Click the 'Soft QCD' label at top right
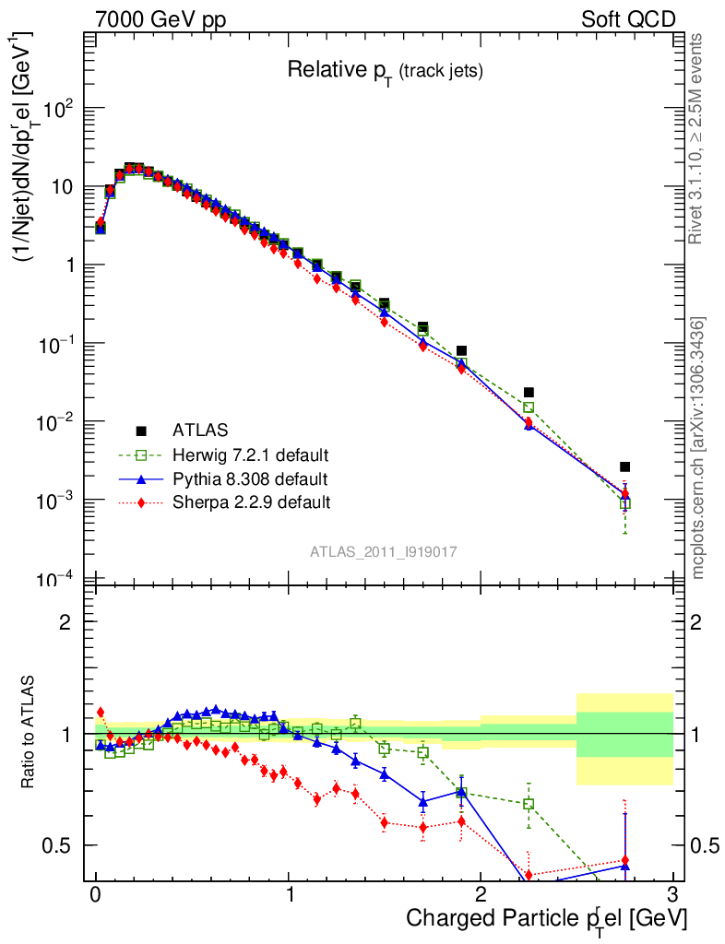click(x=628, y=19)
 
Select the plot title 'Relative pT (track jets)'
click(x=385, y=70)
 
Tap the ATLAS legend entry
click(x=198, y=430)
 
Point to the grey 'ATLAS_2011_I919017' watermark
click(x=384, y=551)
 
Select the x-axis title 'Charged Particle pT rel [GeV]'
click(x=546, y=918)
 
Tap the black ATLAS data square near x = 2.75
click(x=624, y=466)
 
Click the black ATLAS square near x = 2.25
click(x=529, y=393)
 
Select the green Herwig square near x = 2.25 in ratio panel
click(x=529, y=804)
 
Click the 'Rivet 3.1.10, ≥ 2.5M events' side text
click(x=697, y=138)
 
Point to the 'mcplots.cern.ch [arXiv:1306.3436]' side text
click(x=697, y=448)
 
